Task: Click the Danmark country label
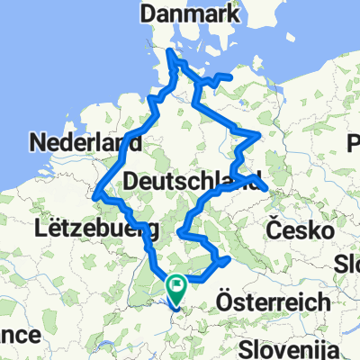coord(192,16)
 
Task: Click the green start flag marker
coord(177,288)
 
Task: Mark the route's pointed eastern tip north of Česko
coord(266,187)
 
